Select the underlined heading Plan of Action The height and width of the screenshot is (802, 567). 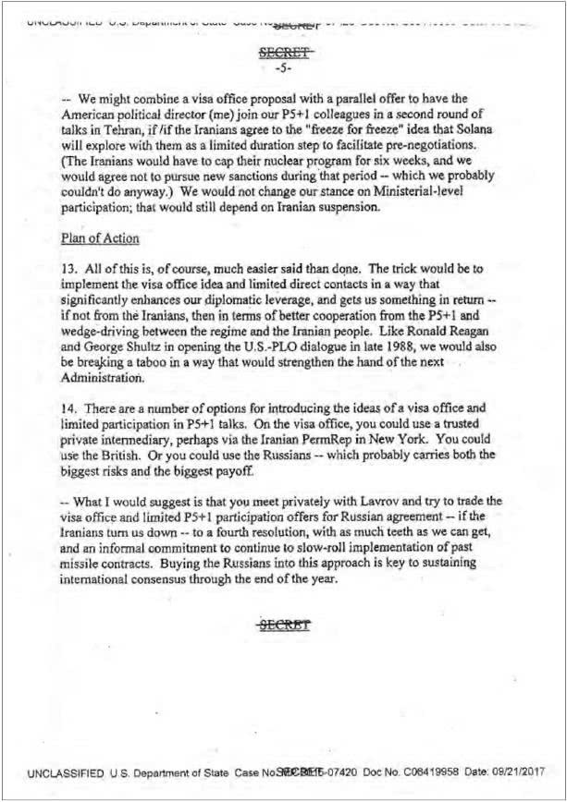click(x=101, y=238)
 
